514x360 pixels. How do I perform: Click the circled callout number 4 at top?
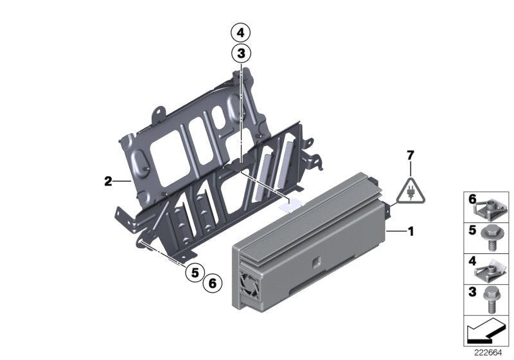click(240, 32)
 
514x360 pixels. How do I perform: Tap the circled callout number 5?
click(192, 273)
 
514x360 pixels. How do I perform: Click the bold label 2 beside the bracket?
click(109, 182)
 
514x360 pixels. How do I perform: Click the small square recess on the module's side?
click(318, 262)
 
